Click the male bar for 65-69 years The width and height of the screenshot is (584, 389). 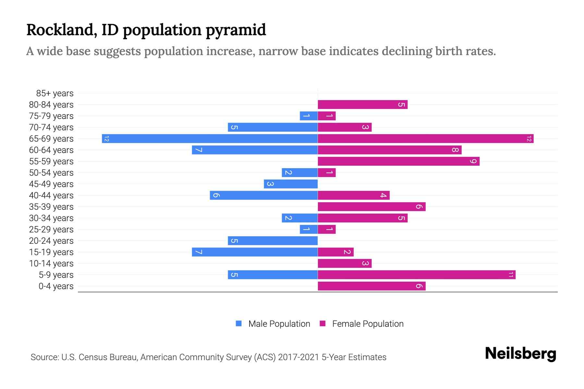point(210,139)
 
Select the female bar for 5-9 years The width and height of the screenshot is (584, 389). point(417,275)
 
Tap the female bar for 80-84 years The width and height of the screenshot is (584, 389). point(362,105)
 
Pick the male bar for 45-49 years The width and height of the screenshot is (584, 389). point(291,184)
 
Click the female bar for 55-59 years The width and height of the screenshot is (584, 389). point(398,161)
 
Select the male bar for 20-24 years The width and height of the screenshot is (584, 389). point(273,241)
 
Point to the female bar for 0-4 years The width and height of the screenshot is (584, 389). point(371,286)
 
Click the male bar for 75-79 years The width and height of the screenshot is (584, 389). point(309,116)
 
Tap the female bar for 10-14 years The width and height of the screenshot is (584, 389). point(345,264)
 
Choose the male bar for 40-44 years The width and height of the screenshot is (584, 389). point(263,195)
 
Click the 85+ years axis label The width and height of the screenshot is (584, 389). point(55,93)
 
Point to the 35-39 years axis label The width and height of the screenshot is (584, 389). point(51,207)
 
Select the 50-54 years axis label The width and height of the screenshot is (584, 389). point(51,173)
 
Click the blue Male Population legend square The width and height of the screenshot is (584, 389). point(239,324)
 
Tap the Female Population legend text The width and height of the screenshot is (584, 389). point(368,324)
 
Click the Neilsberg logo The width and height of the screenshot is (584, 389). point(520,354)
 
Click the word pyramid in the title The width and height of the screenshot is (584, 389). point(236,30)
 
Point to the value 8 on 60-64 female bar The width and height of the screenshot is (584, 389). point(455,150)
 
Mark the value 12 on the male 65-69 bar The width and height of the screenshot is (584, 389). point(106,139)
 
